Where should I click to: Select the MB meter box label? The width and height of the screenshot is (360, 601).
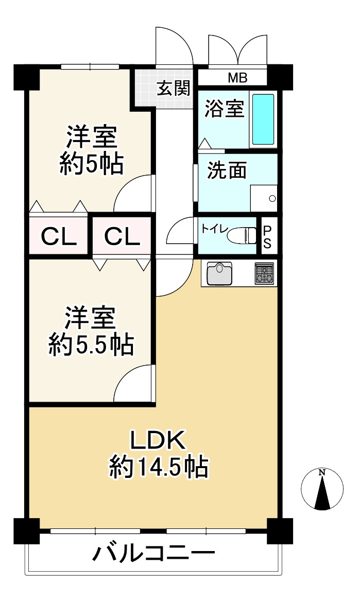point(237,78)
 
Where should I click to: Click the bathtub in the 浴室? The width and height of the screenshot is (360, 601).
point(263,119)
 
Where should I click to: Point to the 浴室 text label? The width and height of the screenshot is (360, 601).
point(224,109)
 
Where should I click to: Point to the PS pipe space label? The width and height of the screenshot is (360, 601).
point(267,236)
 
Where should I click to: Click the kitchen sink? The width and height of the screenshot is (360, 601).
point(219,273)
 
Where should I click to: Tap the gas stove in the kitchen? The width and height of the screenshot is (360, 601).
point(265,273)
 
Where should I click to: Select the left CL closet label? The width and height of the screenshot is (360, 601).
point(59,236)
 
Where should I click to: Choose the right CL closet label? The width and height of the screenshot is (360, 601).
point(122,236)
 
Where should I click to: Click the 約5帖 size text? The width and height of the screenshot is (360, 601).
point(91,165)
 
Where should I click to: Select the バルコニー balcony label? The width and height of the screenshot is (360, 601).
point(153,555)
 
